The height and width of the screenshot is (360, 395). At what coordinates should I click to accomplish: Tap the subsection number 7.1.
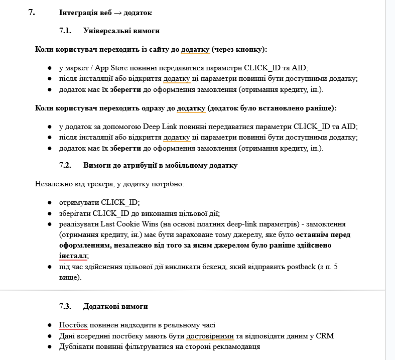click(66, 31)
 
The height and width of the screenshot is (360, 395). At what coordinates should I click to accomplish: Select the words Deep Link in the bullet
click(160, 127)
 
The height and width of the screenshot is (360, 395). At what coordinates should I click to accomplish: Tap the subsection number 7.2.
click(66, 165)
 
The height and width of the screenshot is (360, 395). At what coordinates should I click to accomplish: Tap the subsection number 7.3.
click(66, 306)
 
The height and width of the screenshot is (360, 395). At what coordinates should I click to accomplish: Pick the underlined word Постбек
click(74, 325)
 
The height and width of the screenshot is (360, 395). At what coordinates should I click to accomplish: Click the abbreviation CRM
click(325, 335)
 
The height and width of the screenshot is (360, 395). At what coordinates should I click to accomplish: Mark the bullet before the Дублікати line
click(50, 346)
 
